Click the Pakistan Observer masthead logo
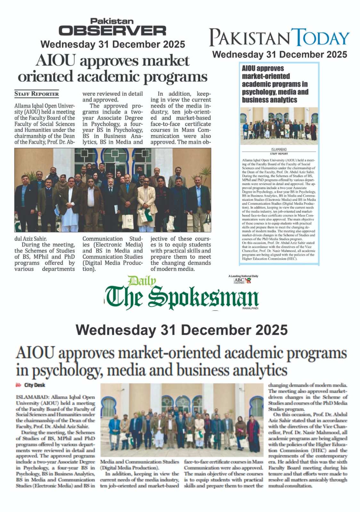tap(112, 27)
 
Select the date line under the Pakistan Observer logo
tap(113, 44)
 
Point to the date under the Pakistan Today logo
tap(280, 54)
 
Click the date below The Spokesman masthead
tap(182, 330)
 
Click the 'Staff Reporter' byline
tap(37, 94)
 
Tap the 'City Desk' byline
tap(34, 385)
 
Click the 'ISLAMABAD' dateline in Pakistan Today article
tap(279, 149)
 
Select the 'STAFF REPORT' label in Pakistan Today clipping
tap(279, 154)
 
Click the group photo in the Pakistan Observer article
tap(113, 190)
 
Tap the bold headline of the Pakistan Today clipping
tap(274, 84)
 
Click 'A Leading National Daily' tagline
tap(243, 276)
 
